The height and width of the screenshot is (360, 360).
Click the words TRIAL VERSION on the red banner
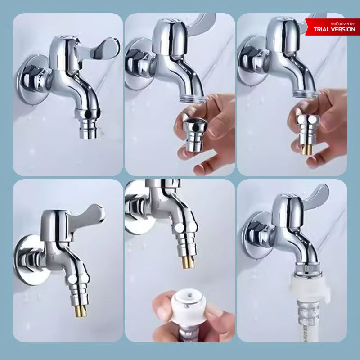point(334,29)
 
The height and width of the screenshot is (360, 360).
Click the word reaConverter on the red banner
point(342,24)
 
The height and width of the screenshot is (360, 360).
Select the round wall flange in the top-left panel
point(32,81)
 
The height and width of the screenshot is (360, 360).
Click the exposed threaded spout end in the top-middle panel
point(192,98)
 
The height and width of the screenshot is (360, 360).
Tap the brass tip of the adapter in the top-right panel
point(307,150)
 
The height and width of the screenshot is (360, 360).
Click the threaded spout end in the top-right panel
point(304,94)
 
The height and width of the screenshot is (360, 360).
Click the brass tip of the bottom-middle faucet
point(188,262)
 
